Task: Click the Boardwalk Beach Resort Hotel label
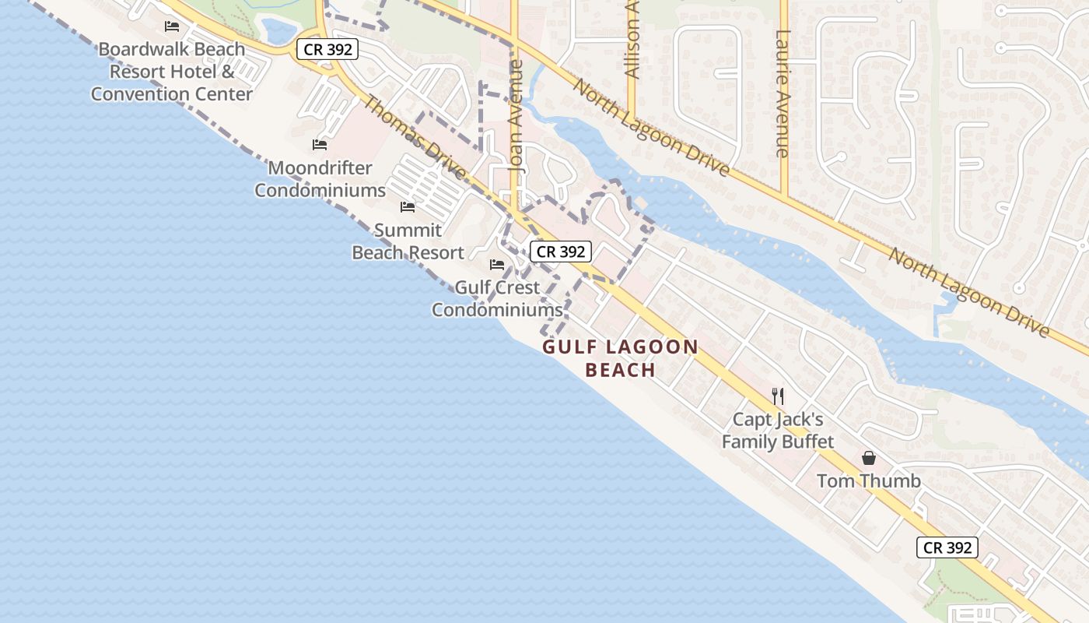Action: tap(171, 72)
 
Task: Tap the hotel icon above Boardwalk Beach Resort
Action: tap(172, 26)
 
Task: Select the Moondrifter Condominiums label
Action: tap(320, 179)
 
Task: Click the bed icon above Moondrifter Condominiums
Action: tap(319, 145)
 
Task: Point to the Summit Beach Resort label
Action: tap(408, 241)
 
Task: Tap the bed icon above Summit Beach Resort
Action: tap(408, 207)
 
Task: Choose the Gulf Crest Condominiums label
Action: tap(497, 299)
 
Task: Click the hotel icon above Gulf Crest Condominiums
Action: tap(497, 265)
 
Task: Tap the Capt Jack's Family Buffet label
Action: tap(777, 431)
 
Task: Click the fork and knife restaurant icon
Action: tap(778, 396)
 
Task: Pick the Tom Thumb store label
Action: tap(868, 481)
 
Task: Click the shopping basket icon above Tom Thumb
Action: tap(869, 458)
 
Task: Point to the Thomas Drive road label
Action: tap(415, 137)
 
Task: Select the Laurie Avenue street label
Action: tap(783, 93)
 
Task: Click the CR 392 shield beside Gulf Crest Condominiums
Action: tap(561, 252)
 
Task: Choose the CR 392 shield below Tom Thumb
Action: tap(947, 547)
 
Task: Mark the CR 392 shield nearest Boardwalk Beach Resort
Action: tap(327, 50)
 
